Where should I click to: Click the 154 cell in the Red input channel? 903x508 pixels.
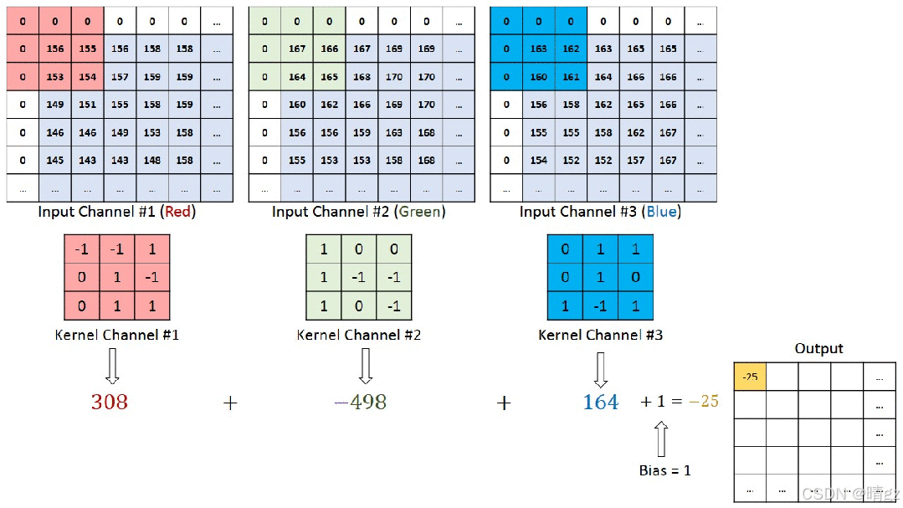[x=88, y=77]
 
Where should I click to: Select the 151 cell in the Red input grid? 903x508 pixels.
[x=88, y=105]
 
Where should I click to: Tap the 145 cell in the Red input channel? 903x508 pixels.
[x=55, y=160]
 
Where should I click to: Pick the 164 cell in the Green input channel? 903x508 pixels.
[x=296, y=77]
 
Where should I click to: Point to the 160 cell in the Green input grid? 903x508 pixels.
[x=296, y=105]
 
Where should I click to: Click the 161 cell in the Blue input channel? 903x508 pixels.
[x=571, y=77]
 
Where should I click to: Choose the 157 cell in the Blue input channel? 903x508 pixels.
[x=636, y=160]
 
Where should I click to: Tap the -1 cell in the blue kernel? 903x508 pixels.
[x=599, y=306]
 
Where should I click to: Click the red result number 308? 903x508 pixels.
[x=110, y=403]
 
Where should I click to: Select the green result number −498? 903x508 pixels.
[x=360, y=403]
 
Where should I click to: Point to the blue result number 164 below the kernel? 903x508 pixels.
[x=600, y=403]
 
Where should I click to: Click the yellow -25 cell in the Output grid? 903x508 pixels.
[x=749, y=377]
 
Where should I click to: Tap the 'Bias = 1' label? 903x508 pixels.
[x=664, y=470]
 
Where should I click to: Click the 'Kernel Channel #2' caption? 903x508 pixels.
[x=358, y=335]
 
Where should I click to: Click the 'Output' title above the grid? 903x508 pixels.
[x=818, y=348]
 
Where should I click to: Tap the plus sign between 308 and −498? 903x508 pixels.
[x=230, y=403]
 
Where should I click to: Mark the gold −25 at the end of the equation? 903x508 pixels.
[x=704, y=402]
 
